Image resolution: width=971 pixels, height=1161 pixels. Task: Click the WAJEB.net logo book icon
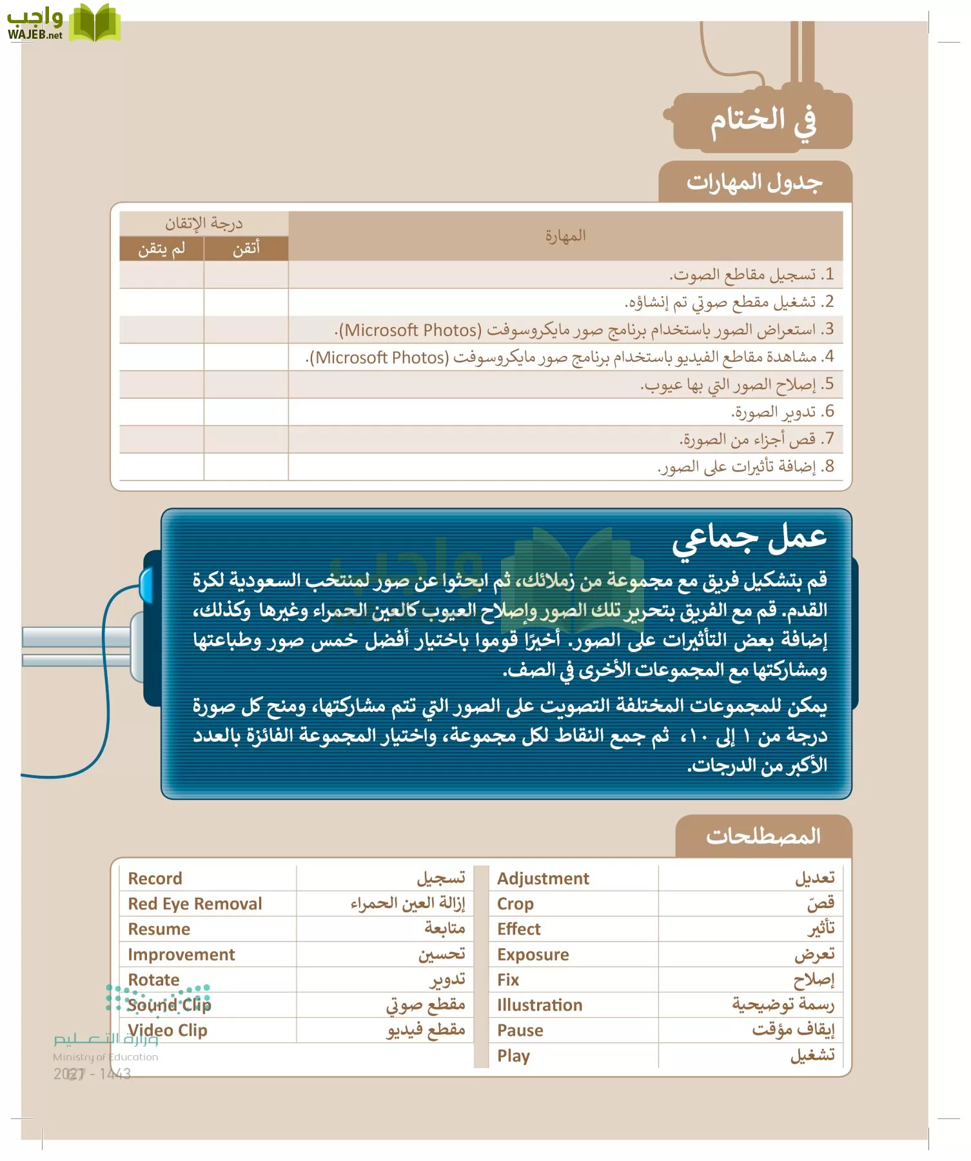pos(95,23)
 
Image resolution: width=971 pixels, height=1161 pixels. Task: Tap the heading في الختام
pos(763,121)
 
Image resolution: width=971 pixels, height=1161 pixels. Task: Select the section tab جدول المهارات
pos(754,183)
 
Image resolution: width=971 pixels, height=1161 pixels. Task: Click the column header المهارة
pos(565,236)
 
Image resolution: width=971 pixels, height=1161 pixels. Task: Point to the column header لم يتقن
pos(161,249)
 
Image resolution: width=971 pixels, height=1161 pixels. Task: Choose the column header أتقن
pos(246,249)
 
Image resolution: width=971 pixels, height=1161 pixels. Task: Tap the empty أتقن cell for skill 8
pos(246,466)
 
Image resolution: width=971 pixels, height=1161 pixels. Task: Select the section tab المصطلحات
pos(763,837)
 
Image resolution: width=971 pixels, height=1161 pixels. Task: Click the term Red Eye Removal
pos(195,904)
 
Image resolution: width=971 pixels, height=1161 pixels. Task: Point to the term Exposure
pos(533,955)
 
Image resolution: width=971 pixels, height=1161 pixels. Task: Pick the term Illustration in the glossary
pos(539,1005)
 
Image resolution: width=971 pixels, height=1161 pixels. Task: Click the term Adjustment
pos(543,878)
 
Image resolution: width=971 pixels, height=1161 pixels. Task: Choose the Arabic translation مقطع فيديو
pos(426,1030)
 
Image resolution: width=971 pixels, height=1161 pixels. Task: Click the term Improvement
pos(181,955)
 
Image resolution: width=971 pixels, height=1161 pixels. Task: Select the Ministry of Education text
pos(105,1057)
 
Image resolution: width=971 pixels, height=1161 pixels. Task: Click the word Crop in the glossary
pos(515,904)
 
